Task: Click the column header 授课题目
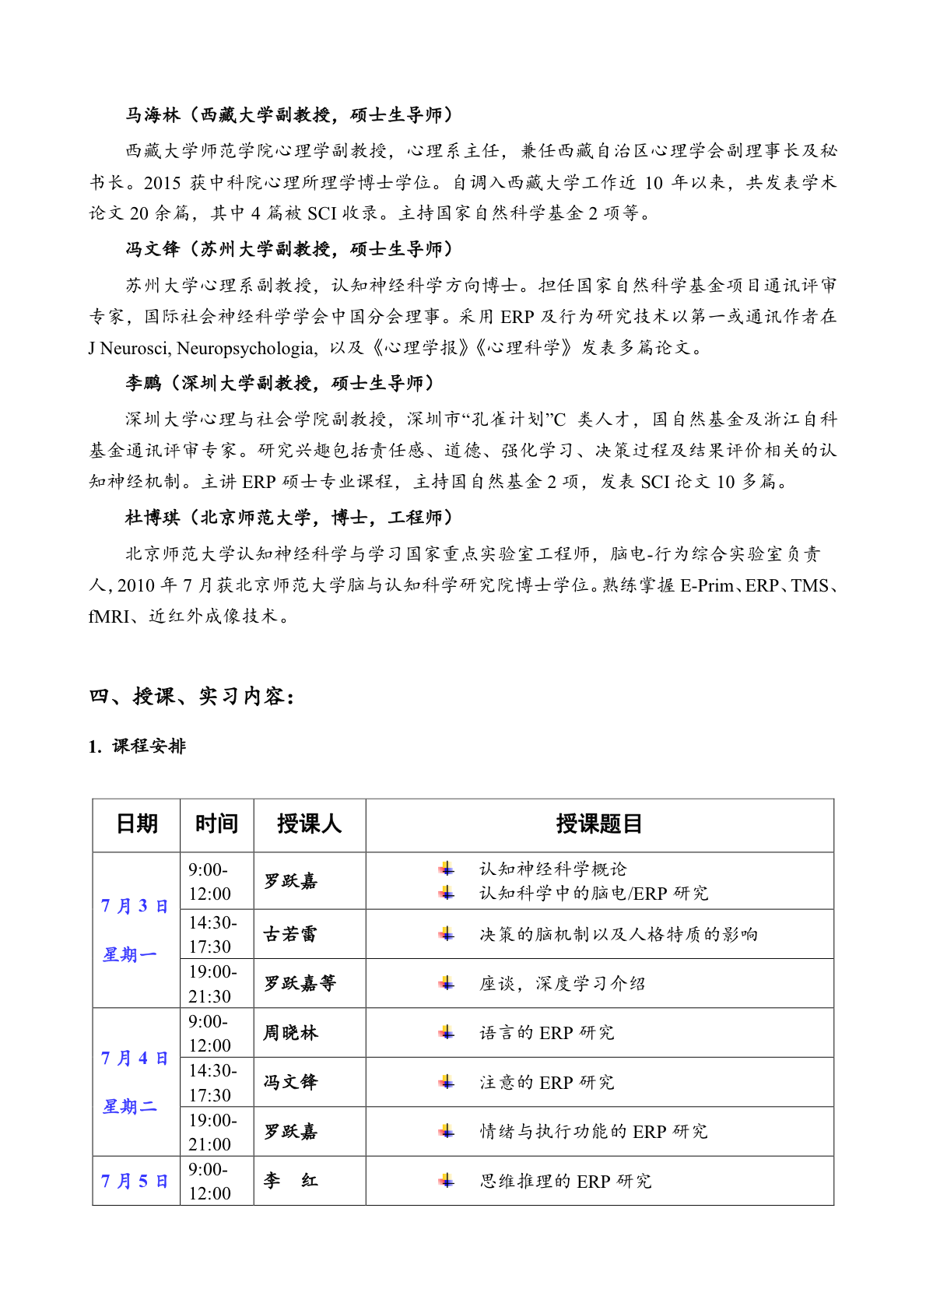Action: (x=598, y=824)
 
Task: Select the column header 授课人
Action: (x=309, y=824)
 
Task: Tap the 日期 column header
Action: (x=136, y=824)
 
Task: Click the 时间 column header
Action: (x=216, y=824)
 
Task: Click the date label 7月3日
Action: (x=135, y=906)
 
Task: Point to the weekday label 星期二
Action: (x=129, y=1106)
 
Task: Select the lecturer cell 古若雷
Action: (x=290, y=934)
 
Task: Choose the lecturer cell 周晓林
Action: (x=290, y=1033)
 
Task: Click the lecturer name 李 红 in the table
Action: (x=290, y=1181)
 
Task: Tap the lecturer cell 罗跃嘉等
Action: (x=300, y=984)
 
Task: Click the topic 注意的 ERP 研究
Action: (x=546, y=1082)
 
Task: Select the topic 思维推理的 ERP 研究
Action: (x=565, y=1181)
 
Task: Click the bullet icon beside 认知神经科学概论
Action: (x=447, y=869)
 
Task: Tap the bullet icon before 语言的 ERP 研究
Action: (x=447, y=1033)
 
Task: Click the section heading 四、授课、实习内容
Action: (x=191, y=696)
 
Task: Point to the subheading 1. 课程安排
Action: (x=137, y=746)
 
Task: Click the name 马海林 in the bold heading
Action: (x=153, y=115)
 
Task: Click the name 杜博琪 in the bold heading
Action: (x=153, y=518)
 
